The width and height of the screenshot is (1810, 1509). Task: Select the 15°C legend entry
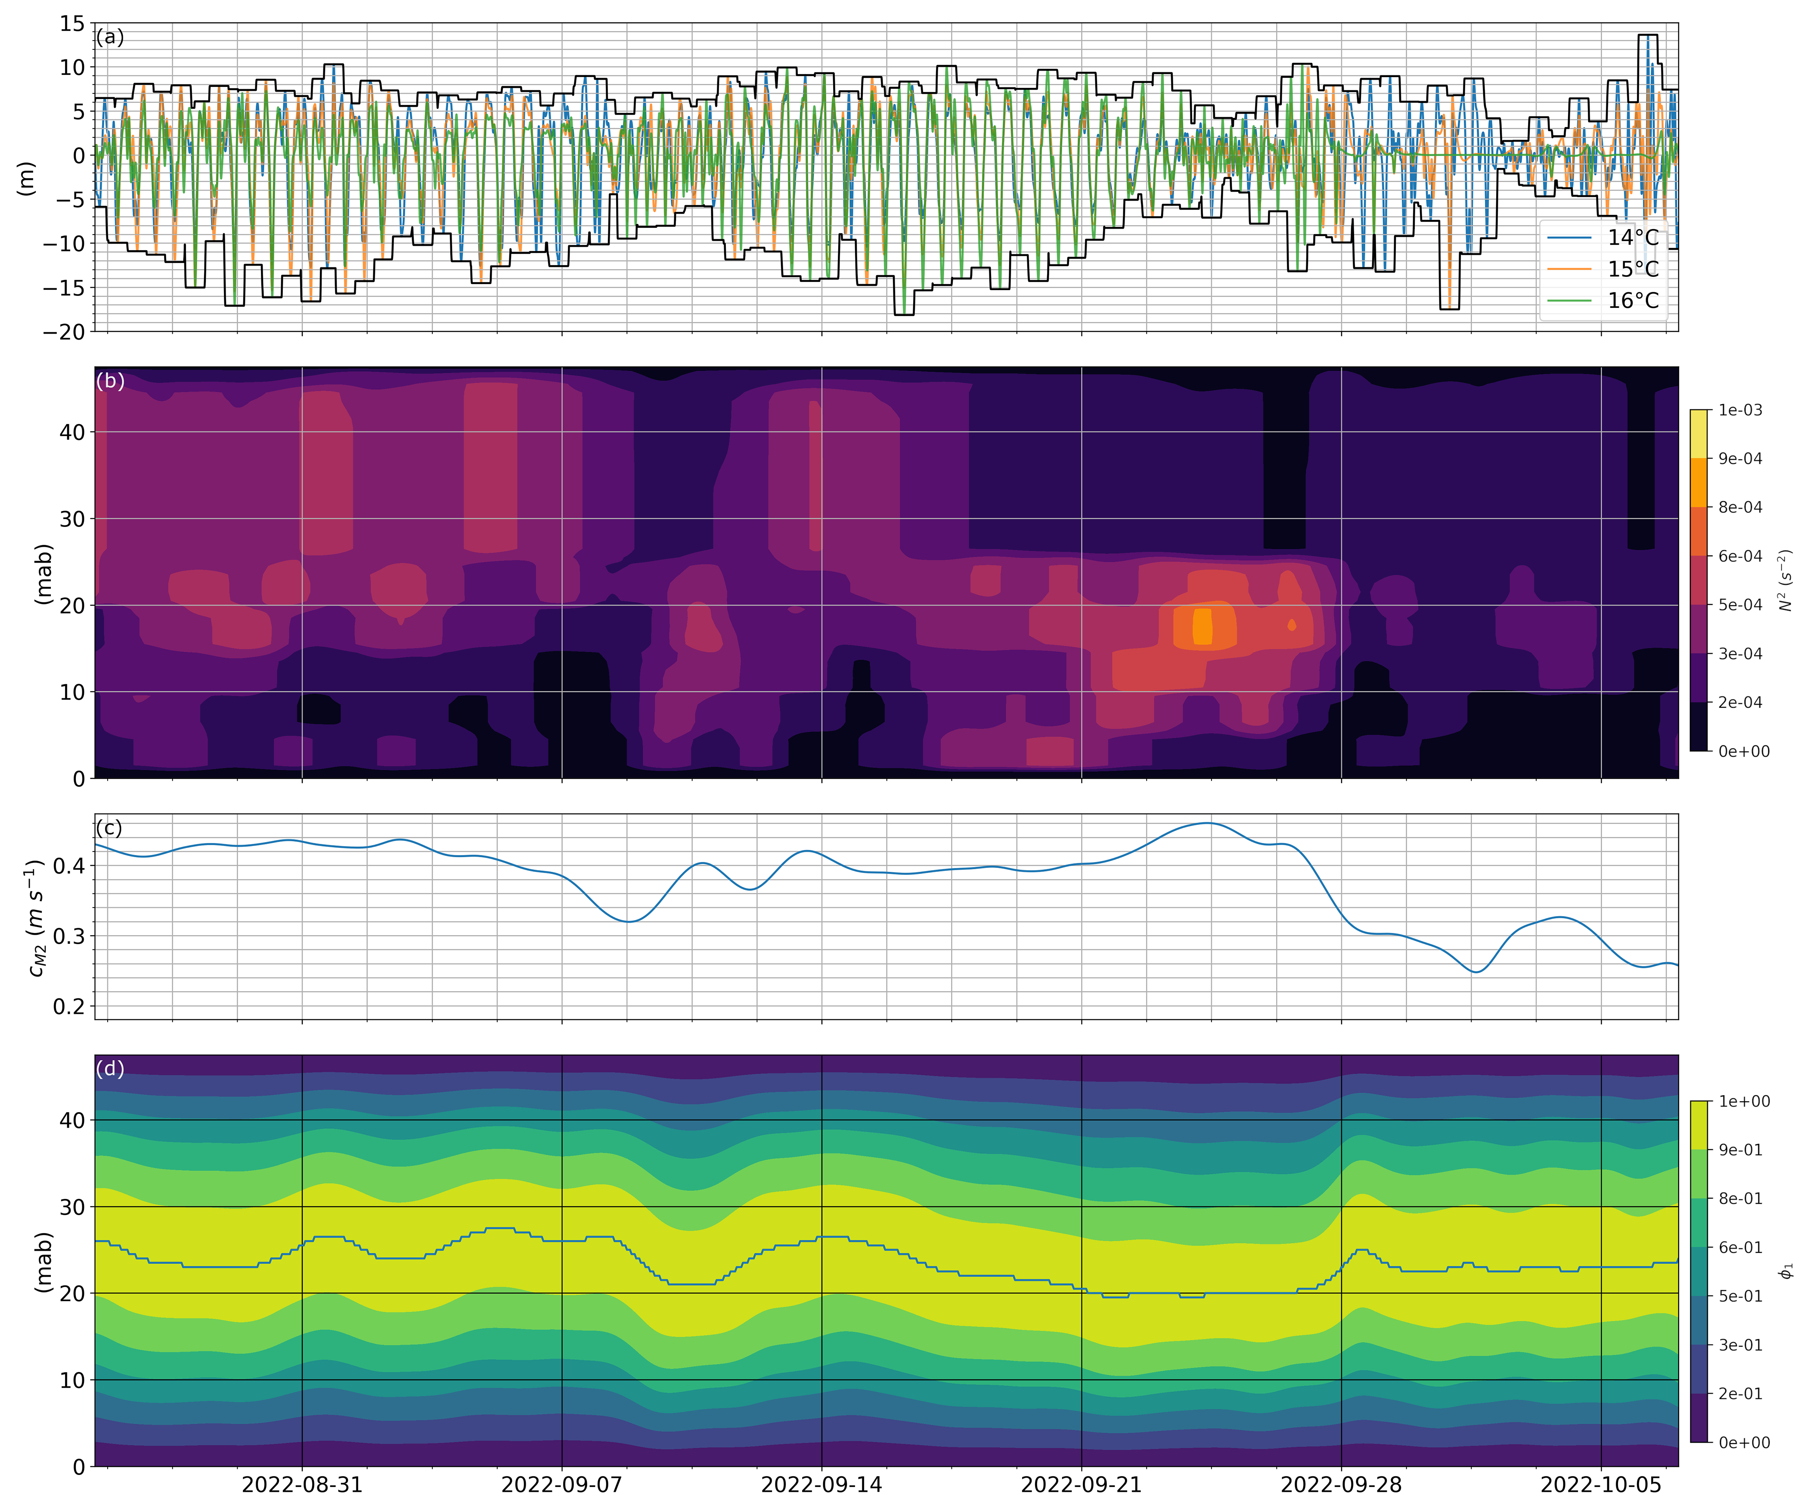[x=1632, y=269]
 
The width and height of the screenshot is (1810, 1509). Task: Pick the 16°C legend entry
[x=1632, y=300]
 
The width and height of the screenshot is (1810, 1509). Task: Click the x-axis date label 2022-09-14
[x=821, y=1484]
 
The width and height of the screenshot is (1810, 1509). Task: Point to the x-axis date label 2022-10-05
[x=1601, y=1484]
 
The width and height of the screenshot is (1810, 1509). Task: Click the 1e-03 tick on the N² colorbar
[x=1740, y=410]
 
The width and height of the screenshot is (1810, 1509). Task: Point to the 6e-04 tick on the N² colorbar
[x=1740, y=556]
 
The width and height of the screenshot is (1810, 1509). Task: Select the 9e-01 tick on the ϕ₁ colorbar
[x=1740, y=1150]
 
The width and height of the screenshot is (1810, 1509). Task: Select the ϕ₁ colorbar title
[x=1787, y=1270]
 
